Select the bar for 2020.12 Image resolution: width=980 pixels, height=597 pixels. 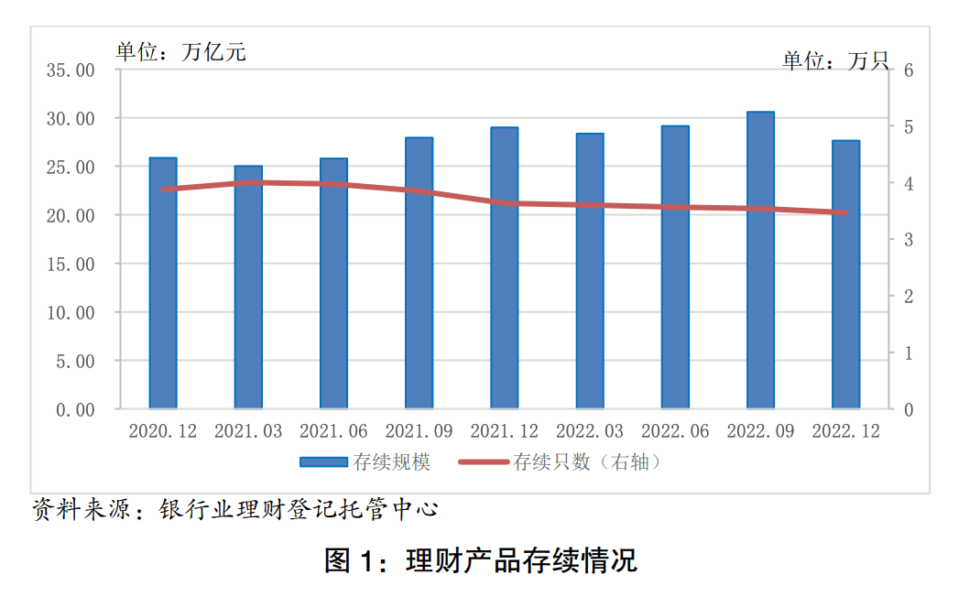[163, 284]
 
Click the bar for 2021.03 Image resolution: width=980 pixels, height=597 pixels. [248, 288]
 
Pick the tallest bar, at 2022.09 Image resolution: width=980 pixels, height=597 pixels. [760, 260]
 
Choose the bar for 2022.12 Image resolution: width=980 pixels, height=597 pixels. [845, 275]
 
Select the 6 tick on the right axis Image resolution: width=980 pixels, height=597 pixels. [909, 71]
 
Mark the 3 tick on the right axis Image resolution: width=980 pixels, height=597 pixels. [909, 240]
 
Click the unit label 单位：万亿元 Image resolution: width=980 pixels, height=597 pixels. [180, 51]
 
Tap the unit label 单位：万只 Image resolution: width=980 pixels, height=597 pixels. [835, 61]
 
